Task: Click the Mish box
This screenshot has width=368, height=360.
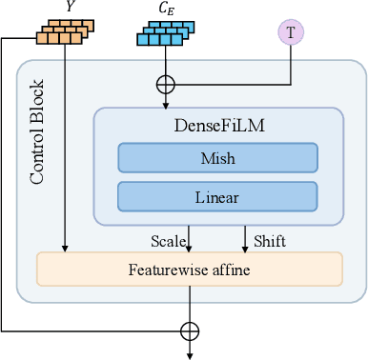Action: (217, 157)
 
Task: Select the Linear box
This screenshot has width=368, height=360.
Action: (217, 197)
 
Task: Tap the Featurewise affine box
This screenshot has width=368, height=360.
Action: (189, 269)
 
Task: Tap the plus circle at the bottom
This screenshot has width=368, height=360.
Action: (190, 330)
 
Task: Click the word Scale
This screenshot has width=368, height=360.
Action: (168, 241)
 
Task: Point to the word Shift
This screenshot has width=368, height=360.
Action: (269, 241)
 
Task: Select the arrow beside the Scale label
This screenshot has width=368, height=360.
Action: (190, 238)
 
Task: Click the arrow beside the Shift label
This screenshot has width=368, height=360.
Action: (246, 238)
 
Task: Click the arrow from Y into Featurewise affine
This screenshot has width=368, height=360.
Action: (65, 152)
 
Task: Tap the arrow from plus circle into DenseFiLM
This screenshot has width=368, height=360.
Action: (167, 99)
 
